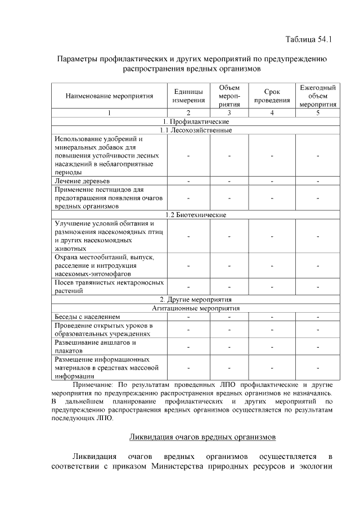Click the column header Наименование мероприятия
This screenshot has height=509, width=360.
(x=109, y=96)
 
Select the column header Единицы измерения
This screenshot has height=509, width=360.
(x=188, y=96)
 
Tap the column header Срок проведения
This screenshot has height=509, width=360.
(x=272, y=96)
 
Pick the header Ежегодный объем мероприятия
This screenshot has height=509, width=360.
(x=318, y=96)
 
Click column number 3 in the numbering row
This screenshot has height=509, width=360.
(x=229, y=113)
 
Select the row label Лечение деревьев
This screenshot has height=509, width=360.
(x=82, y=181)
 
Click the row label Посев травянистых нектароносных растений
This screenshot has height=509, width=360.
(x=109, y=286)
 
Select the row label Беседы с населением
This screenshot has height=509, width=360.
(x=87, y=317)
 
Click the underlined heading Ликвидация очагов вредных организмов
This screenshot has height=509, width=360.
(x=202, y=436)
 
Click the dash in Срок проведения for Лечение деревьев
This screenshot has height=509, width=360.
(x=272, y=181)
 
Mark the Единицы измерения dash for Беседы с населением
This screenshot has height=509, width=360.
(x=188, y=317)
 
